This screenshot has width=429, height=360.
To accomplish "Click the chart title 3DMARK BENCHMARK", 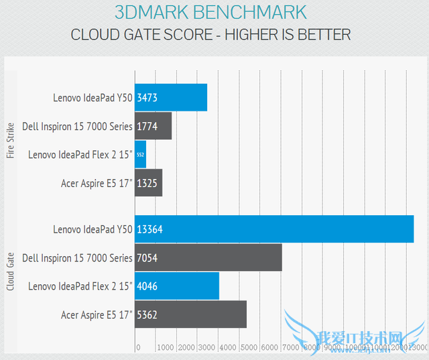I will pos(210,12).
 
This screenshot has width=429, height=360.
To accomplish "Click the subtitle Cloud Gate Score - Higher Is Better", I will pos(210,34).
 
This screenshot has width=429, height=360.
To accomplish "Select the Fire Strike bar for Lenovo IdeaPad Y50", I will pos(171,98).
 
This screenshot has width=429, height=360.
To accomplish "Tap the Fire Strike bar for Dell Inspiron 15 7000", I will pos(153,126).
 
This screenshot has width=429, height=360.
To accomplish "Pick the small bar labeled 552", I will pos(140,154).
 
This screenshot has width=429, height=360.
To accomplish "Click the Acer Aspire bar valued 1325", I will pos(148,182).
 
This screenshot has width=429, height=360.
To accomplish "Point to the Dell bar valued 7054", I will pos(208,257).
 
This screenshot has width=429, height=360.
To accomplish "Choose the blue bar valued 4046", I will pos(177,286).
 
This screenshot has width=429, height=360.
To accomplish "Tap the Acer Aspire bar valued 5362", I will pos(190,314).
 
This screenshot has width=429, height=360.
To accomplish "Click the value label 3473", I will pos(147,98).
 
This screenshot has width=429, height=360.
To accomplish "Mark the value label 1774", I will pos(147,126).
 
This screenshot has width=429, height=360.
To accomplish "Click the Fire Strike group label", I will pos(10,139).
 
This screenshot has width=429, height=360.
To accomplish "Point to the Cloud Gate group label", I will pos(10,272).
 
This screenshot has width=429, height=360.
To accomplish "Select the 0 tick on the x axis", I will pos(138,348).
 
